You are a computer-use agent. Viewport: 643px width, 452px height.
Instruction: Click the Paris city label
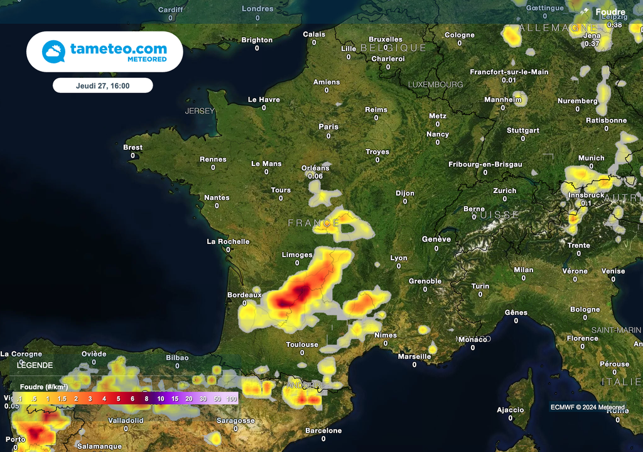click(328, 126)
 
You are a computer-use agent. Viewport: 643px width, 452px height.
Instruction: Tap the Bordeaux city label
click(244, 295)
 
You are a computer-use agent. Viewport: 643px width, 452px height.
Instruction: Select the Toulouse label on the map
click(302, 345)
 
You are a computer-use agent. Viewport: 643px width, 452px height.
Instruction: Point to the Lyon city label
click(399, 258)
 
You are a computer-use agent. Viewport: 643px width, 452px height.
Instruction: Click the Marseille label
click(414, 356)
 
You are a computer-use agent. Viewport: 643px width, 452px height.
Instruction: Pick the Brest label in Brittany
click(132, 148)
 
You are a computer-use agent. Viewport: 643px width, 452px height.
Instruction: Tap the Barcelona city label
click(323, 431)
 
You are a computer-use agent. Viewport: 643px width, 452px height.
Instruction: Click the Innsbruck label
click(586, 196)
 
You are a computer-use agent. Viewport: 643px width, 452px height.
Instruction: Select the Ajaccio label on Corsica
click(511, 410)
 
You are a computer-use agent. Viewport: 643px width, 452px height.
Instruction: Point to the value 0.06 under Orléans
click(315, 176)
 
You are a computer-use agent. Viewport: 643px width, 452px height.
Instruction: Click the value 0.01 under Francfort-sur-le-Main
click(509, 80)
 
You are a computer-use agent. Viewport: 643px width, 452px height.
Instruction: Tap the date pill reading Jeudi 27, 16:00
click(103, 85)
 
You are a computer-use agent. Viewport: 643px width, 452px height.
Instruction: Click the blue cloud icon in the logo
click(53, 52)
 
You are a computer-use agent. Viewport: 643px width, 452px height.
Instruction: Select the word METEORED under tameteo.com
click(147, 59)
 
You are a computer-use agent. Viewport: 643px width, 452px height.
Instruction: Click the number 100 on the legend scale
click(232, 399)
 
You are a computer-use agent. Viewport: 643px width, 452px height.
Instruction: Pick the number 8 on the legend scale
click(146, 399)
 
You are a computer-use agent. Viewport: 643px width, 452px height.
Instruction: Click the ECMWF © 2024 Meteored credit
click(588, 407)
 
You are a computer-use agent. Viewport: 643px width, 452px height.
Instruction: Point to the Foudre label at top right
click(610, 12)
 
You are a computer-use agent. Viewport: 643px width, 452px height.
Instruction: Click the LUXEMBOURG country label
click(435, 84)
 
